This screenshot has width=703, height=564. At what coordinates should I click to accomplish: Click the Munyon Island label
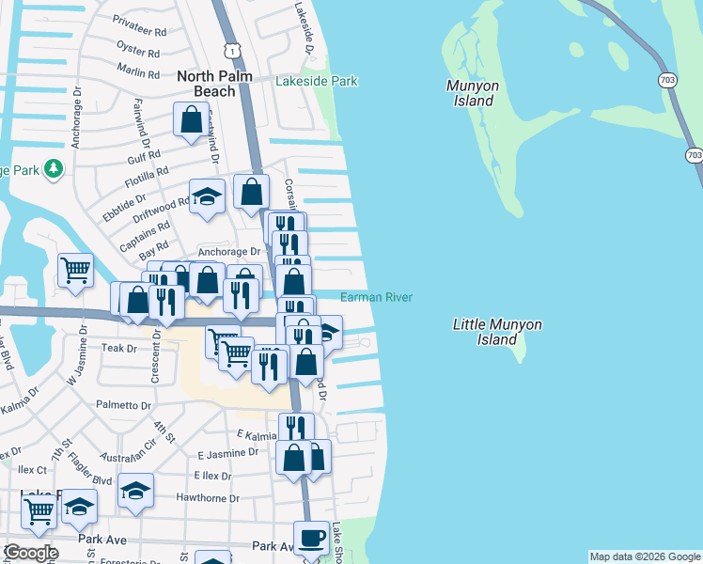469,93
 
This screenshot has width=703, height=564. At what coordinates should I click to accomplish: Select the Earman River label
376,297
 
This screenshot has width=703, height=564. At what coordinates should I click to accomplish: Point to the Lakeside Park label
316,82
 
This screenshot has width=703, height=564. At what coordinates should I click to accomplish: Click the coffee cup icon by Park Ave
312,537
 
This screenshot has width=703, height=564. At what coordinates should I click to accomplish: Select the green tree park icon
55,168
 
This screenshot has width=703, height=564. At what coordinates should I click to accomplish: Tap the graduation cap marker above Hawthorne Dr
136,491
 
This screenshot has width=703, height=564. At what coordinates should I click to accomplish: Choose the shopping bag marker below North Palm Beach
191,119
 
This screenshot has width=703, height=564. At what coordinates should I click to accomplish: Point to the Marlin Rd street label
139,69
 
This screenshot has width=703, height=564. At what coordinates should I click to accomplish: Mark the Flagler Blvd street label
89,479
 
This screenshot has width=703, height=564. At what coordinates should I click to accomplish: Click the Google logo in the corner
30,553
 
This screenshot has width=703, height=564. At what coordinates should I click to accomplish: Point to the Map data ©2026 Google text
645,556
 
